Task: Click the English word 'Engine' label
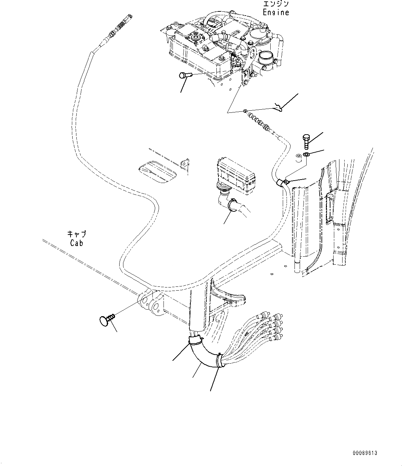pyautogui.click(x=275, y=12)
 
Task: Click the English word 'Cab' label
pyautogui.click(x=76, y=243)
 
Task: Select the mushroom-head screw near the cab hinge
pyautogui.click(x=105, y=320)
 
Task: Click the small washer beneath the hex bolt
pyautogui.click(x=306, y=154)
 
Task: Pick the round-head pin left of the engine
pyautogui.click(x=184, y=75)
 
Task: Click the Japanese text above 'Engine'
pyautogui.click(x=275, y=4)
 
